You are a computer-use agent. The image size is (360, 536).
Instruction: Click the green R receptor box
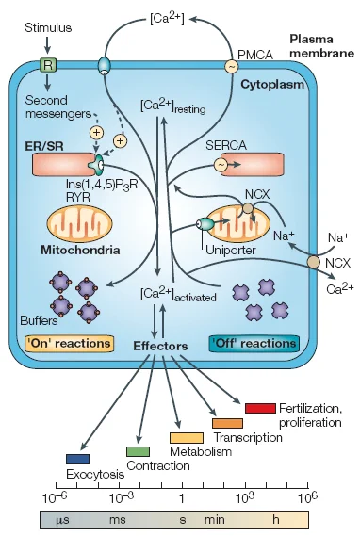(x=48, y=65)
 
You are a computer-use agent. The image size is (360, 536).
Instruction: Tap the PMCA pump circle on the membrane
(x=232, y=66)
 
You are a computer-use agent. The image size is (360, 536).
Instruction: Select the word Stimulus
(x=48, y=27)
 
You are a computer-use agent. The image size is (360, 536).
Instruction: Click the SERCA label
(x=225, y=145)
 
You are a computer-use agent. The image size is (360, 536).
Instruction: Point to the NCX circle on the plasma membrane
(x=313, y=262)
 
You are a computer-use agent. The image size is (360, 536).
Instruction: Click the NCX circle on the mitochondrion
(x=249, y=208)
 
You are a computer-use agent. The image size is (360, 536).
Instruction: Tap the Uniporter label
(x=231, y=251)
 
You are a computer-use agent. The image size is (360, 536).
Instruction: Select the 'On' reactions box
(x=70, y=344)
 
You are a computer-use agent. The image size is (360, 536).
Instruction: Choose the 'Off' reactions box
(x=254, y=344)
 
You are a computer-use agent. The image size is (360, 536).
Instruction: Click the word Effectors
(x=160, y=346)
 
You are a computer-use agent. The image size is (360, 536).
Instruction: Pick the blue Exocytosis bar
(x=77, y=459)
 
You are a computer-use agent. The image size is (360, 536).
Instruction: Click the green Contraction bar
(x=138, y=451)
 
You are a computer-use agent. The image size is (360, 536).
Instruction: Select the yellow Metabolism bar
(x=187, y=438)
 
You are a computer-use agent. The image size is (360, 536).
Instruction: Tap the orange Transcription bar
(x=227, y=423)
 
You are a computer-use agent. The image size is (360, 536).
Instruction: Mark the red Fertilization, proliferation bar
(x=260, y=408)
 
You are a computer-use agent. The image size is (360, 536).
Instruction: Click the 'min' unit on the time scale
(x=215, y=520)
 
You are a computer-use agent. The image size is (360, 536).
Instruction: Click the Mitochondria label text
(x=80, y=250)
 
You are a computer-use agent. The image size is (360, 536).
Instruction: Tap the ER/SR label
(x=44, y=146)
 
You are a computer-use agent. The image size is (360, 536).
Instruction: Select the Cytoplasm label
(x=272, y=85)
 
